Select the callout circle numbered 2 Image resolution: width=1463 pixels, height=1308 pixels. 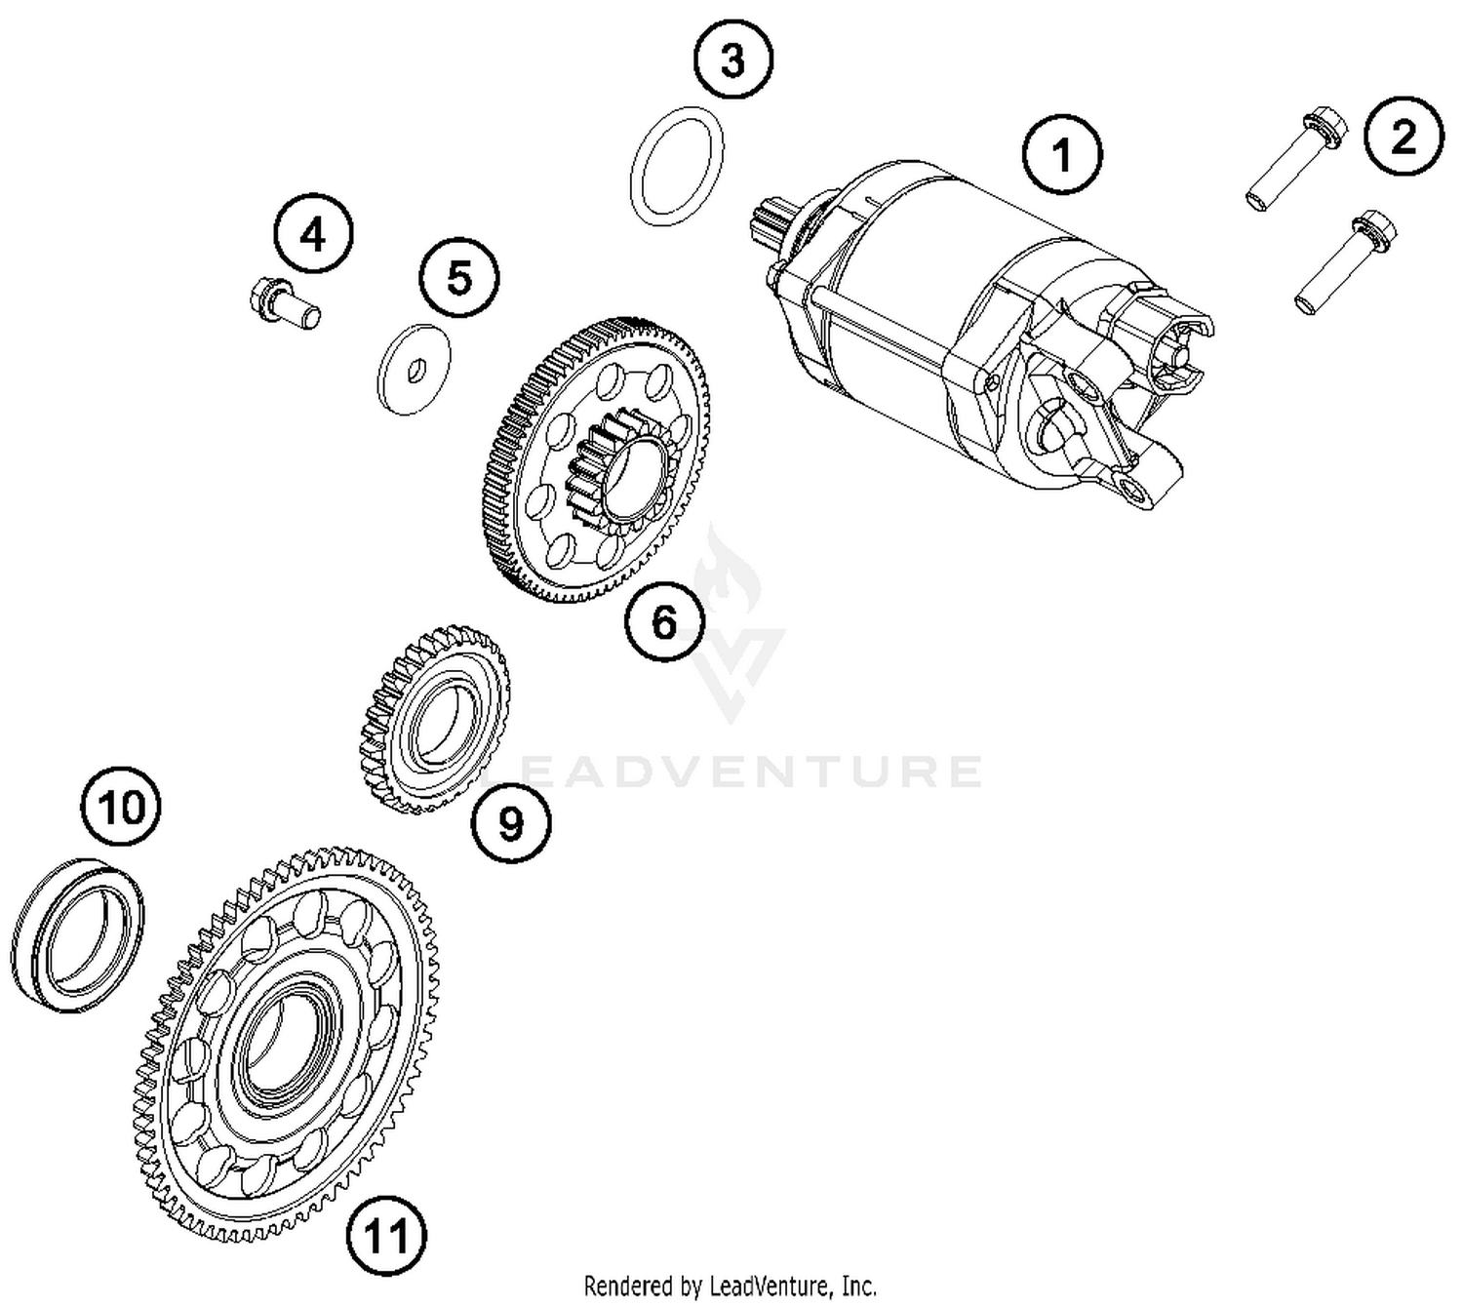(x=1403, y=137)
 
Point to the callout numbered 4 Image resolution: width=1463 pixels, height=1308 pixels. (x=313, y=234)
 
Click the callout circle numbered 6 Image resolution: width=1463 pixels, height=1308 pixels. (x=664, y=620)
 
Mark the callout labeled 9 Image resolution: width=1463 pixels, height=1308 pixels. (x=511, y=824)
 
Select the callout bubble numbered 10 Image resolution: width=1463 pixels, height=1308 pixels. (x=121, y=807)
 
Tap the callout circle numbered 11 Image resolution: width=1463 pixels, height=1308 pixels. (x=387, y=1236)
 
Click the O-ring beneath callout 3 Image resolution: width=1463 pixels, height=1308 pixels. (x=677, y=165)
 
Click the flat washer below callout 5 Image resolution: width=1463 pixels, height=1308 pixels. (x=414, y=368)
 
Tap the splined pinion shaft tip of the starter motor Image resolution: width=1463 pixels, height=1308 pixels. (x=771, y=222)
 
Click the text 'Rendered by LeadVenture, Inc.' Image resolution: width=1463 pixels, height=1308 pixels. (x=730, y=1285)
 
